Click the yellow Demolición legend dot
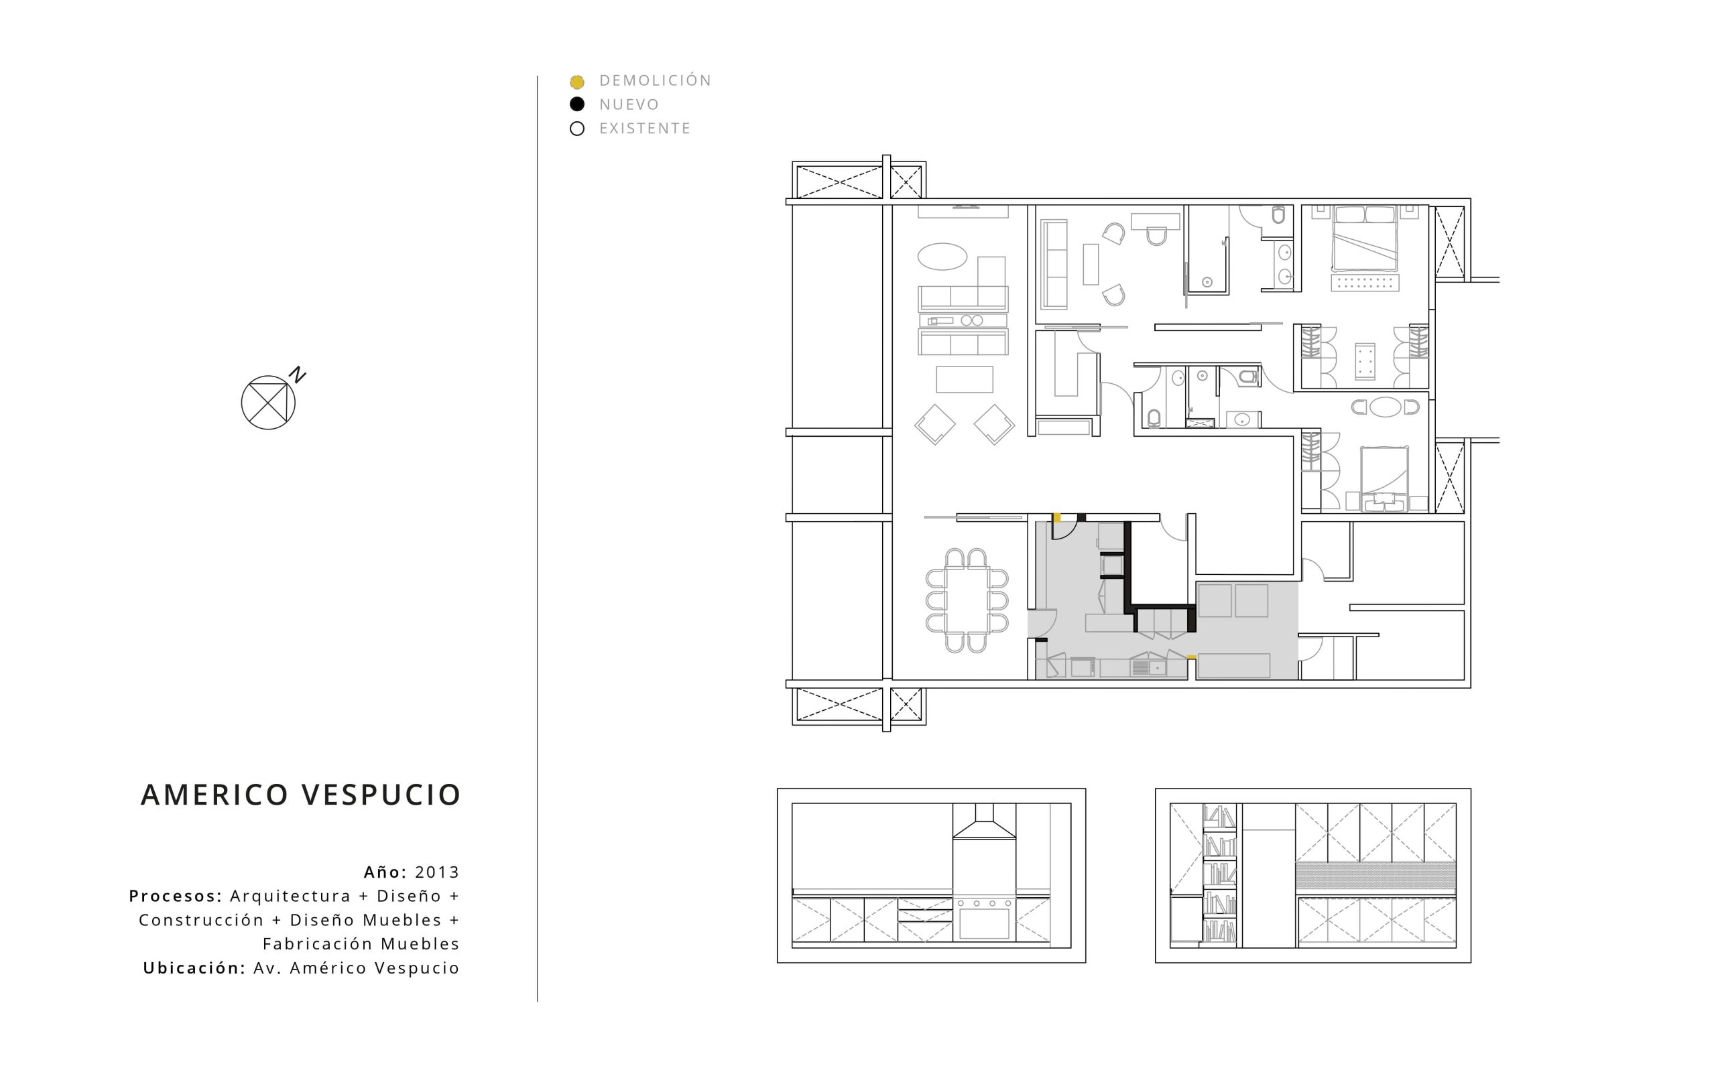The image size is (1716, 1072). point(577,82)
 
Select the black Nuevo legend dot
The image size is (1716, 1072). point(577,105)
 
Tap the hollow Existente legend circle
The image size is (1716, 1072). point(577,129)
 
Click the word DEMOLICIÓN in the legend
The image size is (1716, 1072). point(655,80)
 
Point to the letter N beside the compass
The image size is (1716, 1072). point(297,375)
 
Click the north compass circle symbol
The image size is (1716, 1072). point(268,402)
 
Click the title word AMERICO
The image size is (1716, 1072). point(215,795)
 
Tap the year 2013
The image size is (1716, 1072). point(438,872)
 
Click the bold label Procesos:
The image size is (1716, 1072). point(176,896)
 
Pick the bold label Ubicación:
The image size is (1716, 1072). point(194,967)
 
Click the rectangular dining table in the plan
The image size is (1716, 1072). point(967,599)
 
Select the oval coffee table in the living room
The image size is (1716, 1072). point(942,257)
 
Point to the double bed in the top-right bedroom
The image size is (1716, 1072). point(1365,239)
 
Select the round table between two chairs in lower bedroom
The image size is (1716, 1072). point(1385,407)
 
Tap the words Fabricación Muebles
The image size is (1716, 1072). point(361,943)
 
